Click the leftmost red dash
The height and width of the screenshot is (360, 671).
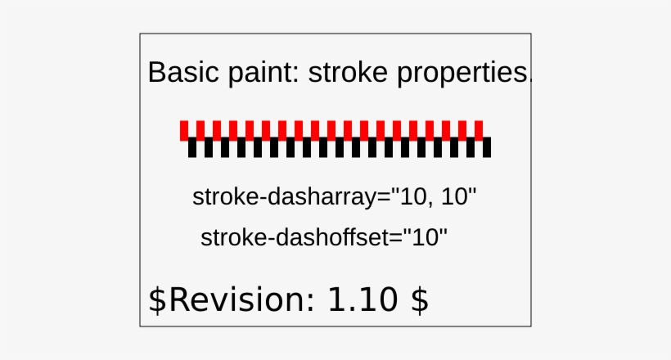(184, 129)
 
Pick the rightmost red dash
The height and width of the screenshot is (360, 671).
(479, 129)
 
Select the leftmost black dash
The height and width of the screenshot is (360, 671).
(192, 147)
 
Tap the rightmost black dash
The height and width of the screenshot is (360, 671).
(487, 147)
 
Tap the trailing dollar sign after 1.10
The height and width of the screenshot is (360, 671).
(419, 299)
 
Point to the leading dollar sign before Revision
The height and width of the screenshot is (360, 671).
(156, 299)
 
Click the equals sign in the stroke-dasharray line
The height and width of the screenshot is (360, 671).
(384, 199)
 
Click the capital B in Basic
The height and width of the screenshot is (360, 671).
(155, 73)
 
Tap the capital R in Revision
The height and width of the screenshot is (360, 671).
(178, 299)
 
